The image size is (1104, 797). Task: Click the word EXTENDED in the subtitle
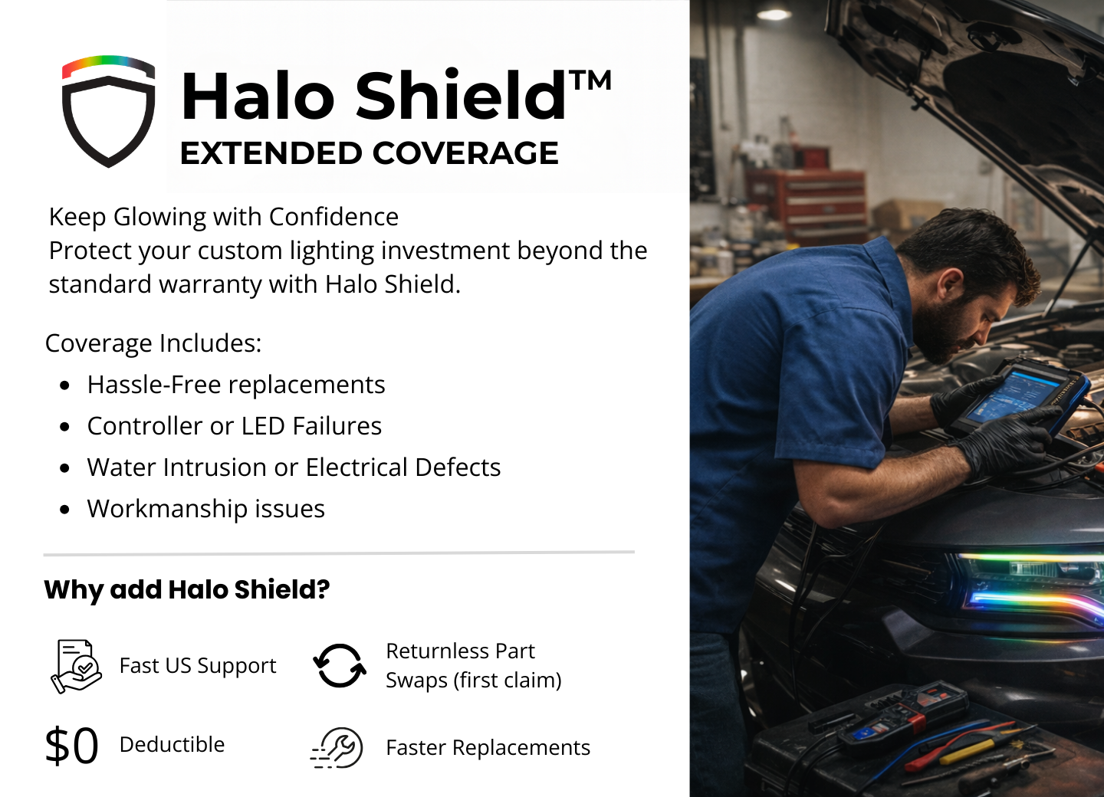[x=271, y=153]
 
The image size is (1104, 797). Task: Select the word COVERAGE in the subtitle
[x=465, y=153]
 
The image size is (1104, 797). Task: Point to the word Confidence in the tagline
[x=333, y=217]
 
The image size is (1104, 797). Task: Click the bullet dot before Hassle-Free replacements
[x=64, y=385]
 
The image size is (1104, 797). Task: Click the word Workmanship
[x=167, y=510]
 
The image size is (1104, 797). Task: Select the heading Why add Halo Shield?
[x=187, y=589]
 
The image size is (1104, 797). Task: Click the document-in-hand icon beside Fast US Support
[x=77, y=666]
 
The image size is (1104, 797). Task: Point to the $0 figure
[x=71, y=746]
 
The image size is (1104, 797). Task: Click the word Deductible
[x=172, y=744]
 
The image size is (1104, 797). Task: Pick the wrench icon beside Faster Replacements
[x=337, y=748]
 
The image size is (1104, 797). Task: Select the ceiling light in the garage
[x=774, y=14]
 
